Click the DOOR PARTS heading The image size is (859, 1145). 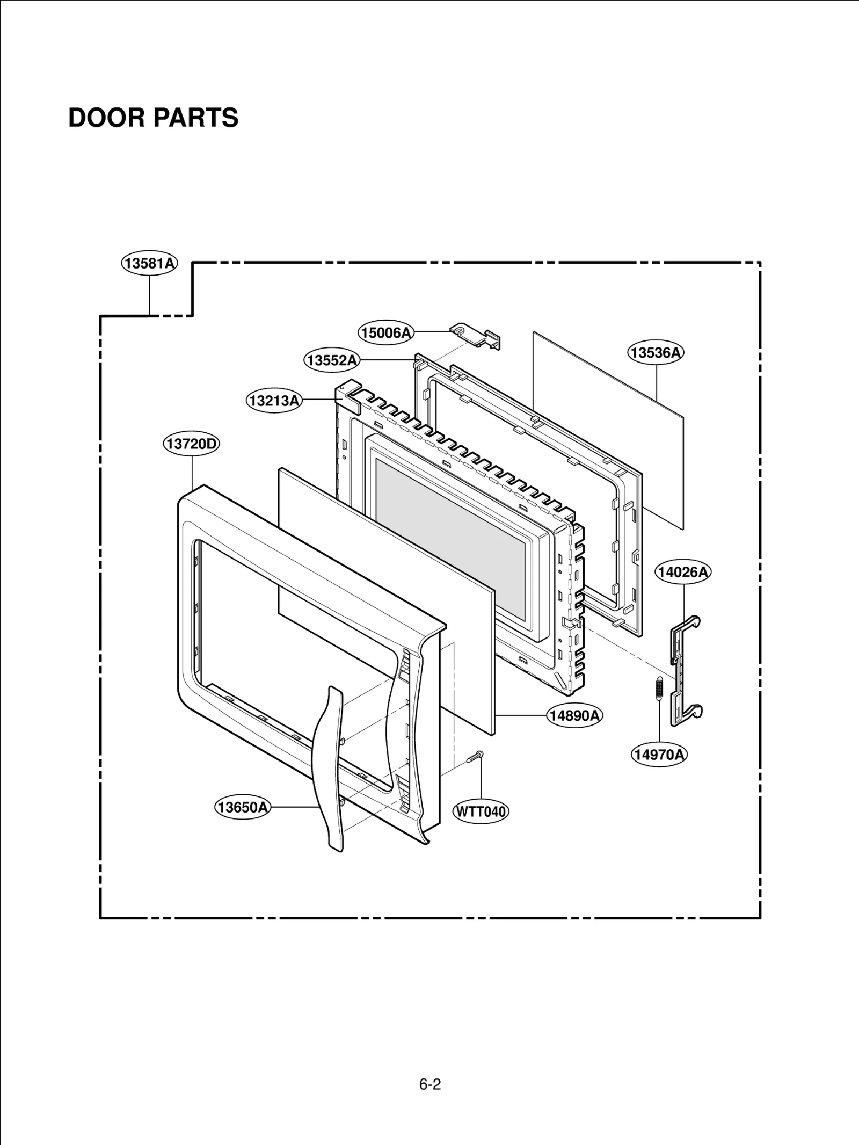pyautogui.click(x=153, y=118)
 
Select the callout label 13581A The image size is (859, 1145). pyautogui.click(x=149, y=263)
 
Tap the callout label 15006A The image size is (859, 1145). pyautogui.click(x=386, y=333)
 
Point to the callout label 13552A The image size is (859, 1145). pyautogui.click(x=332, y=360)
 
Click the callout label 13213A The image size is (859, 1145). pyautogui.click(x=274, y=401)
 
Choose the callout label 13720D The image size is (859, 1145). pyautogui.click(x=192, y=444)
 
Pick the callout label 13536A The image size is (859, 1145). pyautogui.click(x=656, y=353)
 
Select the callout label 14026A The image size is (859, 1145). pyautogui.click(x=683, y=572)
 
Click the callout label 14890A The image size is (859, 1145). pyautogui.click(x=575, y=715)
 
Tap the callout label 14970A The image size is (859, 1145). pyautogui.click(x=659, y=755)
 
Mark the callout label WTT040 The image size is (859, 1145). pyautogui.click(x=481, y=811)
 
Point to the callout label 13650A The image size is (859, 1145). pyautogui.click(x=243, y=807)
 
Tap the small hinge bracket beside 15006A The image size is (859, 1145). pyautogui.click(x=477, y=337)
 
